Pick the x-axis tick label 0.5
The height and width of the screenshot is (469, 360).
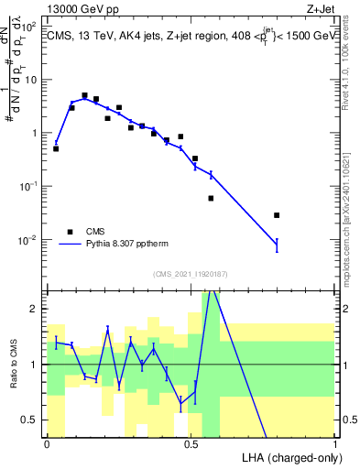(191, 444)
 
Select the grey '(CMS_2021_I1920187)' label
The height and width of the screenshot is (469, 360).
(191, 275)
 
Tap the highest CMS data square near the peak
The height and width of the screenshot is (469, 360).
(84, 95)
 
